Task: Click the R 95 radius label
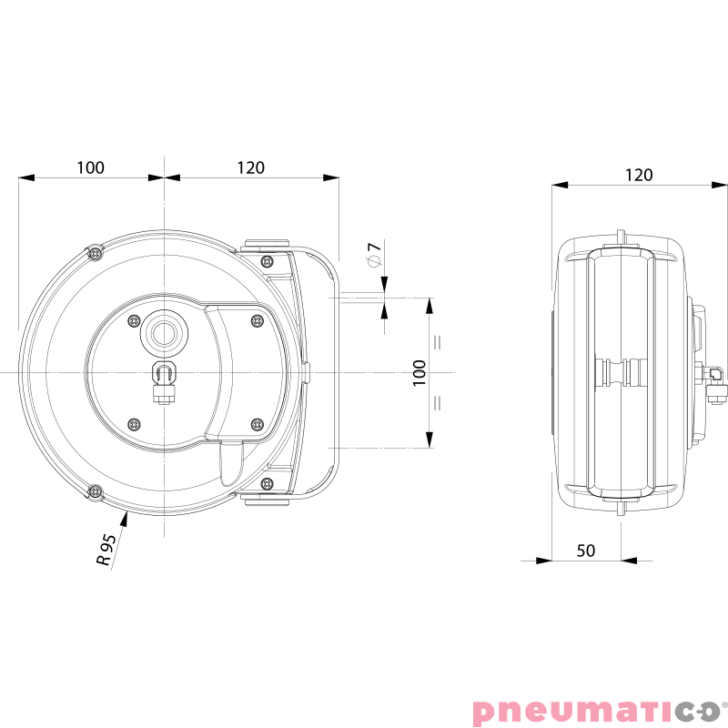point(107,551)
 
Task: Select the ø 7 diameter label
point(372,255)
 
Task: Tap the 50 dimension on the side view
point(586,551)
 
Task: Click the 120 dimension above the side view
point(639,175)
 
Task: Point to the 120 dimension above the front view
point(250,167)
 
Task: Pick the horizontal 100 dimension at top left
point(90,167)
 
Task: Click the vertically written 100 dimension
point(419,373)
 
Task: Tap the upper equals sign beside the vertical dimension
point(438,343)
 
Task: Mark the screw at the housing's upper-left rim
point(95,252)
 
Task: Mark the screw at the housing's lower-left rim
point(95,492)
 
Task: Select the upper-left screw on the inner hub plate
point(135,320)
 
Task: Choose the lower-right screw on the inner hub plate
point(256,424)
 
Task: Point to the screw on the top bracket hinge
point(267,261)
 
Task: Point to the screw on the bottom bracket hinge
point(267,483)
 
